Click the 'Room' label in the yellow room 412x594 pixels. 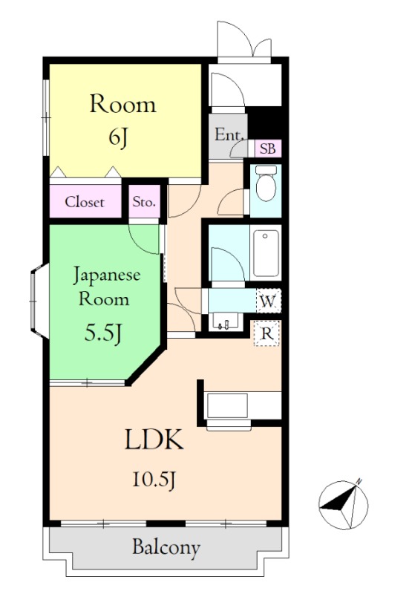[122, 104]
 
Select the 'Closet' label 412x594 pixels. [84, 202]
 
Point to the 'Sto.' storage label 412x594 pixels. [144, 202]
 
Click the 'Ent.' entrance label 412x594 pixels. [229, 135]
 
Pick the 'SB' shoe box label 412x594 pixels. [268, 148]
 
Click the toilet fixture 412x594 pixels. [266, 183]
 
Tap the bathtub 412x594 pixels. [266, 252]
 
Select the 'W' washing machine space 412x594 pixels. [269, 301]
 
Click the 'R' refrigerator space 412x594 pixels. [267, 333]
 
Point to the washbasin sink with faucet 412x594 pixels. [225, 322]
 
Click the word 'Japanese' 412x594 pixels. [106, 275]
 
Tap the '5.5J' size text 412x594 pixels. [102, 333]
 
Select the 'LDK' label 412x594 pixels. [154, 440]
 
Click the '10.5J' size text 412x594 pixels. [154, 479]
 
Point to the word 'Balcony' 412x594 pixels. [166, 548]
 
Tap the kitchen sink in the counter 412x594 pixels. [227, 405]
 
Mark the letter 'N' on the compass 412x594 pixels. [359, 481]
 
